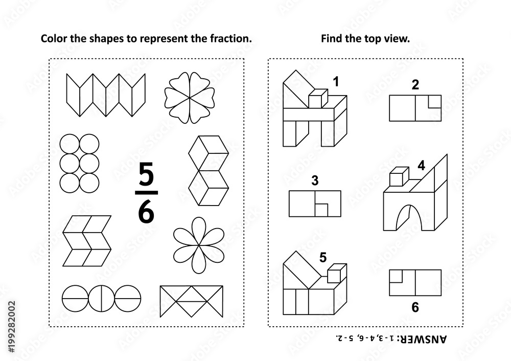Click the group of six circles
[79, 162]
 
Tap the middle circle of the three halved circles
[102, 298]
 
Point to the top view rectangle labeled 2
[415, 108]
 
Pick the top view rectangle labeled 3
[315, 203]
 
